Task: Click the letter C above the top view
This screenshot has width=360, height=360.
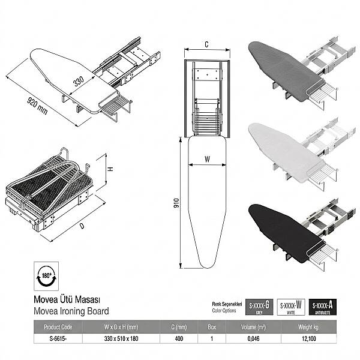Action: [206, 44]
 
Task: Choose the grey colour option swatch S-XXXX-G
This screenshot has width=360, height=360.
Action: [259, 308]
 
